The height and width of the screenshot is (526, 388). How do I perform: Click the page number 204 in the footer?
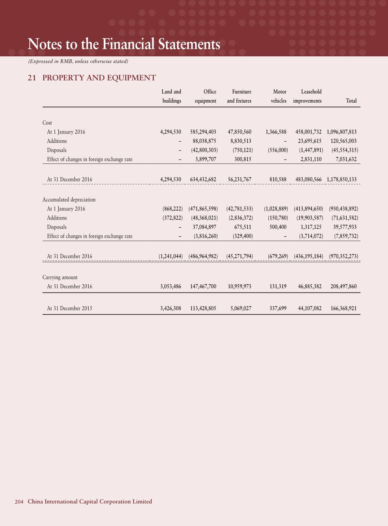19,502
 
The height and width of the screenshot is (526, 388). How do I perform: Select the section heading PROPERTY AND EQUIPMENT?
99,78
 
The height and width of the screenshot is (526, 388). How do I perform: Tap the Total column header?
351,101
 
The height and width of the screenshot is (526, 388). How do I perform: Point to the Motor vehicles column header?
279,96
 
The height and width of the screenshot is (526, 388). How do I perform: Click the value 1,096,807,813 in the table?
341,132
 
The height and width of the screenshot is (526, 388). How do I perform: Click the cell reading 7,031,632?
346,160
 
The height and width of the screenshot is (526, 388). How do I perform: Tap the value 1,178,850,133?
341,180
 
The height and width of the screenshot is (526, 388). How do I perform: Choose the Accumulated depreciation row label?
69,200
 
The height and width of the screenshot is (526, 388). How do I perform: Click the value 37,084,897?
204,227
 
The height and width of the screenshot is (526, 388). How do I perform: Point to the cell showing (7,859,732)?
346,236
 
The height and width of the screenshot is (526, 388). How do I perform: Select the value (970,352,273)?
343,257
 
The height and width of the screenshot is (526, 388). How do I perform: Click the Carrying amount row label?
60,277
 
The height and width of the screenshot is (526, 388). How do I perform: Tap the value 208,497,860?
343,287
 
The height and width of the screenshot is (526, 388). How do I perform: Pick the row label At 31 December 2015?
69,308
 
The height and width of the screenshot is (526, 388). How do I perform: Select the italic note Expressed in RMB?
78,61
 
